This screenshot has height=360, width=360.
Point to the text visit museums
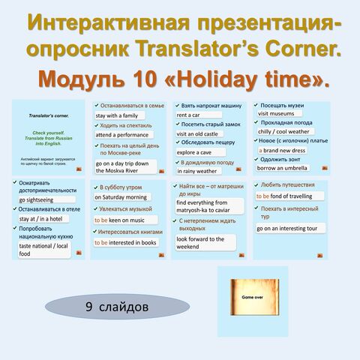tap(278, 114)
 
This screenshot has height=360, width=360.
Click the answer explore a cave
tap(198, 151)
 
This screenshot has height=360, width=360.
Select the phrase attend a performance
tap(125, 135)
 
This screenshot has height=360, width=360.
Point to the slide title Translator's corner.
tap(49, 117)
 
